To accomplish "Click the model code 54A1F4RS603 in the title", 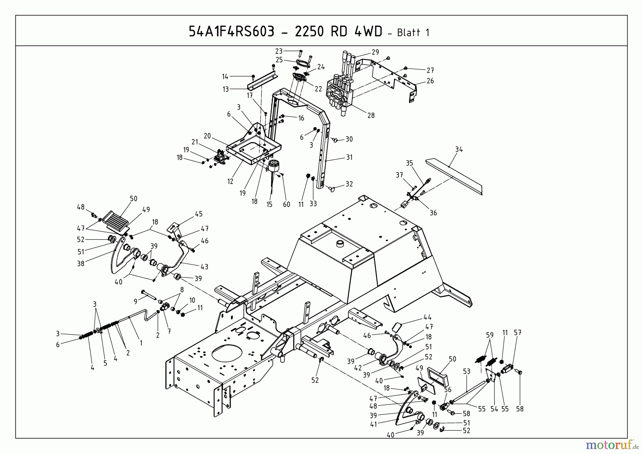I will [231, 32].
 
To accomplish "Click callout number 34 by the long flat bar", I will [459, 150].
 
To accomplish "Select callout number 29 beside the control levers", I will [375, 52].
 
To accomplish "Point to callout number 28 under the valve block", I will [371, 115].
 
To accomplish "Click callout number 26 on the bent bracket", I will [430, 81].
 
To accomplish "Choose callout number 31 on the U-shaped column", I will [349, 157].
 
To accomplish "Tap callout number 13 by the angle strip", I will [225, 89].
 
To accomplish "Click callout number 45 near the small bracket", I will [199, 214].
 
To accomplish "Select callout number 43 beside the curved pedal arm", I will [204, 266].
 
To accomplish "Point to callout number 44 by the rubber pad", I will [427, 317].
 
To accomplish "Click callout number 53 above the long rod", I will [467, 372].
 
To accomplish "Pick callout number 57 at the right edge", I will [518, 333].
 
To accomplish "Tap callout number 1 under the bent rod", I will [141, 343].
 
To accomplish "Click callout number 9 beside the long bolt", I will [135, 301].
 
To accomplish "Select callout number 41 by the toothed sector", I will [373, 425].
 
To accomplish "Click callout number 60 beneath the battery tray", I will [286, 205].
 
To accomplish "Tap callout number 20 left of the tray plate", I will [207, 136].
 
